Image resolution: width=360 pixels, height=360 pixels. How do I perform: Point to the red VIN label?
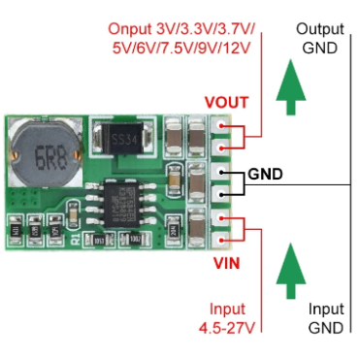226,261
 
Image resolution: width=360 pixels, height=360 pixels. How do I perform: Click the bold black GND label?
266,175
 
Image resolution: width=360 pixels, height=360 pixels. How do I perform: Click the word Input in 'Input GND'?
326,310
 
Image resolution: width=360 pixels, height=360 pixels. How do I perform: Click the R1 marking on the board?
77,236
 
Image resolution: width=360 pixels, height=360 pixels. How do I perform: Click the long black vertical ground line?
348,184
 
